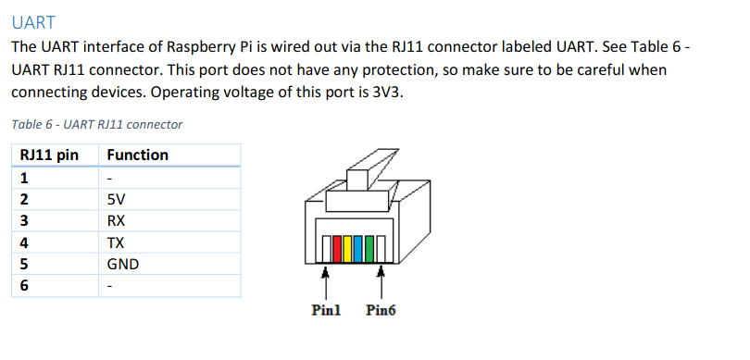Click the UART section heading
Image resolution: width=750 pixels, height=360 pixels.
[x=35, y=20]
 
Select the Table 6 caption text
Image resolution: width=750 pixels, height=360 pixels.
[x=97, y=124]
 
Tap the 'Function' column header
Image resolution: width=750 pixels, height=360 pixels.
[x=138, y=155]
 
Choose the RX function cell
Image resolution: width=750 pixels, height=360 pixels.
[x=117, y=220]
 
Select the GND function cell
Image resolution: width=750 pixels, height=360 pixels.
[x=123, y=265]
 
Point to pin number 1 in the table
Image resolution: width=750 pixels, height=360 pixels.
[x=24, y=177]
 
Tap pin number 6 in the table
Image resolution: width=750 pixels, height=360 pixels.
[x=24, y=286]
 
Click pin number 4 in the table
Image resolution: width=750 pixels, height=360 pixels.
[x=24, y=242]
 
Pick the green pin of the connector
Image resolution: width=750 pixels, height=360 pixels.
[x=369, y=249]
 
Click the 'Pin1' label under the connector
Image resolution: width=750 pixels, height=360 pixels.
[x=326, y=310]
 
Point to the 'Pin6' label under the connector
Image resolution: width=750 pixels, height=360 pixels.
[x=381, y=310]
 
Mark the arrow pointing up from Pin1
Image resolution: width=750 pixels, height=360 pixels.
[x=325, y=280]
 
